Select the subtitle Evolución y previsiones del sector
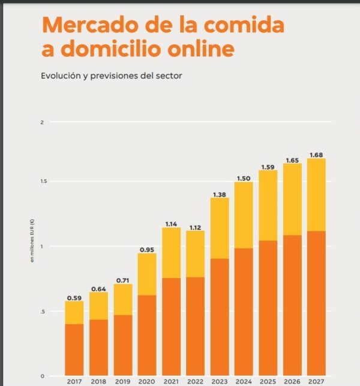(x=111, y=76)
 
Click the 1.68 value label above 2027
(x=316, y=155)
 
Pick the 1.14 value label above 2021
(x=171, y=224)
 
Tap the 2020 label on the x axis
(x=147, y=381)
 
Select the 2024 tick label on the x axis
(x=244, y=381)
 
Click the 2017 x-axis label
(x=74, y=381)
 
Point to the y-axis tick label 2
(x=42, y=123)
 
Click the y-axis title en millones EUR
(x=34, y=246)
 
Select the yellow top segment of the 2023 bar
(x=220, y=228)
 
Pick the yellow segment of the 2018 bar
(x=98, y=306)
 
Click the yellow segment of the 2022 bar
(x=195, y=254)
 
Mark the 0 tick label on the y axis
(x=42, y=376)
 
